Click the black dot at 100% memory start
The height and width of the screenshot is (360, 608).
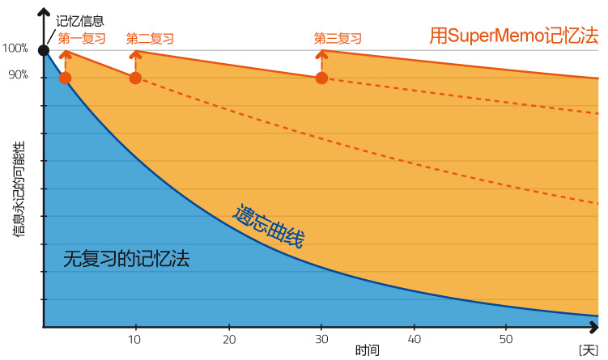tap(44, 51)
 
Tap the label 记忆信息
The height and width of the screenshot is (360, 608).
tap(79, 22)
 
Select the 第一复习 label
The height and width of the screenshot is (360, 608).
tap(82, 38)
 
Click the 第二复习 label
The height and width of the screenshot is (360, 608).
tap(150, 38)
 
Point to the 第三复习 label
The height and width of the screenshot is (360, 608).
tap(338, 38)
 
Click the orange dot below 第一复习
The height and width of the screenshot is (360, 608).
tap(66, 78)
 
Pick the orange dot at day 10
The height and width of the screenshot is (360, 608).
tap(135, 78)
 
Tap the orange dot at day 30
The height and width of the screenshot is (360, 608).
tap(321, 78)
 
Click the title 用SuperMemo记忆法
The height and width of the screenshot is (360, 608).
tap(513, 36)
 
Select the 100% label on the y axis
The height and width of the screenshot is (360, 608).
tap(15, 49)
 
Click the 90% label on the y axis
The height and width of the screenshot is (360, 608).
tap(18, 75)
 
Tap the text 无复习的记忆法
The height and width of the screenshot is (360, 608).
tap(125, 259)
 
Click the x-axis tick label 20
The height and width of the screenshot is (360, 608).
tap(229, 338)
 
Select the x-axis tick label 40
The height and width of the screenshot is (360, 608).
tap(415, 338)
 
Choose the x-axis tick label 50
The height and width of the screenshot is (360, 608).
tap(507, 338)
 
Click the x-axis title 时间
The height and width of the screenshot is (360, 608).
tap(367, 350)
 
